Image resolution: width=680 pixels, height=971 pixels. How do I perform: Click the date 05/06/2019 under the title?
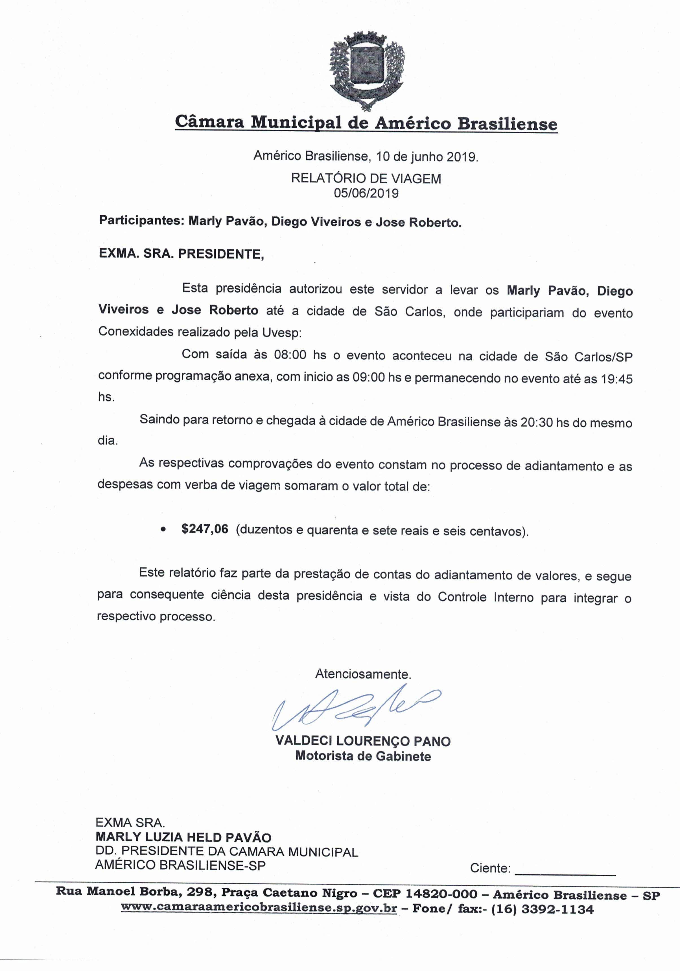(x=366, y=193)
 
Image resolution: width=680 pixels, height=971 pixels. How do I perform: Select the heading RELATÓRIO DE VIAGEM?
(x=366, y=179)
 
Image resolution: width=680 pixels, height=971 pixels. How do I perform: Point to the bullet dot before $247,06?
(x=163, y=529)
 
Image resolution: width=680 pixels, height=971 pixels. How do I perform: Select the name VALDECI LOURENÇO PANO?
(x=363, y=741)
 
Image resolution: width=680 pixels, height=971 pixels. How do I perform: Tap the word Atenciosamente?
(x=363, y=674)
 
